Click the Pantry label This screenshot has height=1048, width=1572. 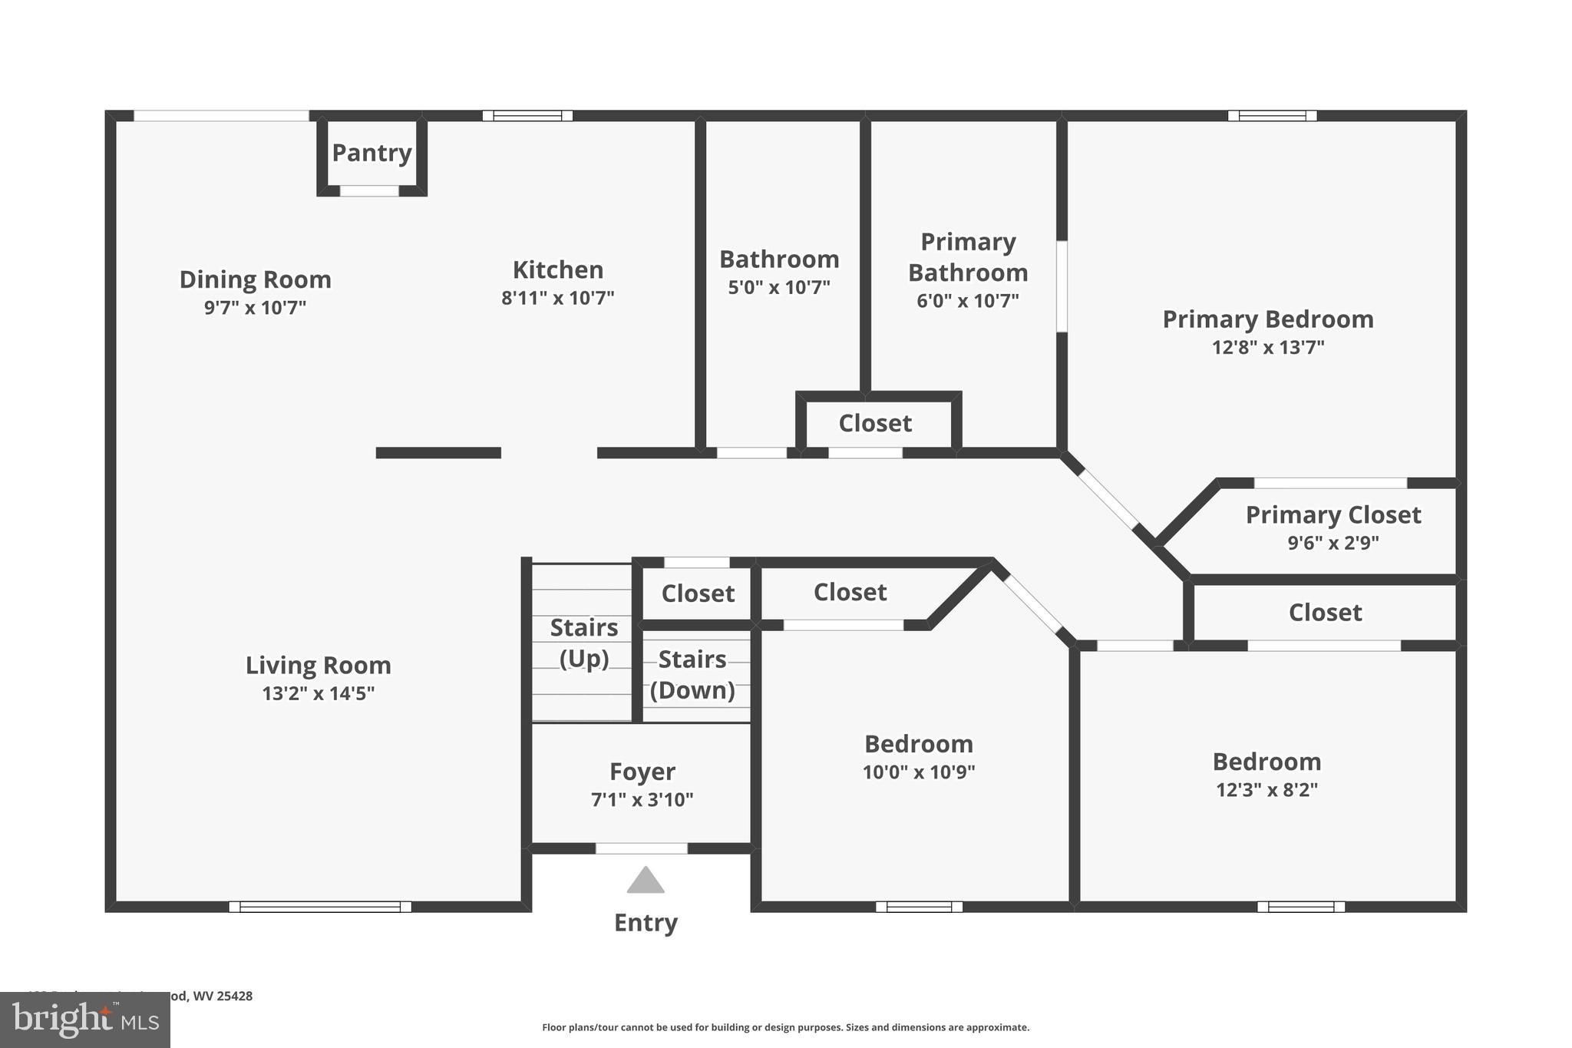coord(372,153)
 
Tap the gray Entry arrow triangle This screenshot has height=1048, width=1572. coord(645,881)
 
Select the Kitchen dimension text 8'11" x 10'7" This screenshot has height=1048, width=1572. coord(558,298)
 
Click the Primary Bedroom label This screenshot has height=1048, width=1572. coord(1268,319)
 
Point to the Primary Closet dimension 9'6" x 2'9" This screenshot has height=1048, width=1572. coord(1333,543)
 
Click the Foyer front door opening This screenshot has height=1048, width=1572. coord(641,848)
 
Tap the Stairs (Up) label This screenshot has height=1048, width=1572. coord(583,643)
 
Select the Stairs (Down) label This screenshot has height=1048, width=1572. coord(692,674)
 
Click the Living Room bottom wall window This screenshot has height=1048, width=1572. coord(320,907)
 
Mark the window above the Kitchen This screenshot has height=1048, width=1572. coord(527,116)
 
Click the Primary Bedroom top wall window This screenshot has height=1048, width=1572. coord(1272,116)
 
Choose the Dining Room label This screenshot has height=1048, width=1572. coord(255,279)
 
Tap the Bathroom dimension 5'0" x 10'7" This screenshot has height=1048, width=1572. coord(779,288)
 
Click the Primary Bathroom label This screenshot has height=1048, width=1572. coord(968,257)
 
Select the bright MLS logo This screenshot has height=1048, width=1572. coord(84,1020)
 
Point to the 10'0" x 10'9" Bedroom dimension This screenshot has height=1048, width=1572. coord(919,772)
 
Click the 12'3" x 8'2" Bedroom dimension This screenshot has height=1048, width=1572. coord(1267,790)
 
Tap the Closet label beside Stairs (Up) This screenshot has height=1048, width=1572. coord(698,593)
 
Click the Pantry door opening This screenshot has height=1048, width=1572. coord(369,191)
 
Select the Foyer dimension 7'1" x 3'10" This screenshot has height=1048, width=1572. coord(642,800)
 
